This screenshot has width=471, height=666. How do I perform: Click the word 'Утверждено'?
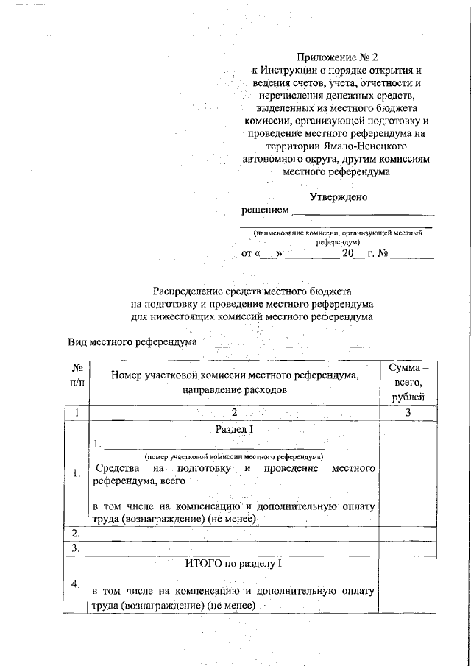(338, 197)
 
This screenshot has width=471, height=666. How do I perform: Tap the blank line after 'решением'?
(363, 213)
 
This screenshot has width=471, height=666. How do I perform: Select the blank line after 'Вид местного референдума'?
(309, 344)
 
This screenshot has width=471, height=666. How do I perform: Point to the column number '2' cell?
(233, 413)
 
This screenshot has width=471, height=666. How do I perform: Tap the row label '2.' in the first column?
(76, 532)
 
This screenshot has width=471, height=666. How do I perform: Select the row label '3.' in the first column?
(76, 548)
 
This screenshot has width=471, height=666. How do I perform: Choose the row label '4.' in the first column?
(76, 584)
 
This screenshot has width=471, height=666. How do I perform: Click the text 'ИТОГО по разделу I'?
(233, 564)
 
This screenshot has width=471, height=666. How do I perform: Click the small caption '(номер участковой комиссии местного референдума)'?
(233, 456)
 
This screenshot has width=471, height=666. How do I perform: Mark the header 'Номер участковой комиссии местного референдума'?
(233, 375)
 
